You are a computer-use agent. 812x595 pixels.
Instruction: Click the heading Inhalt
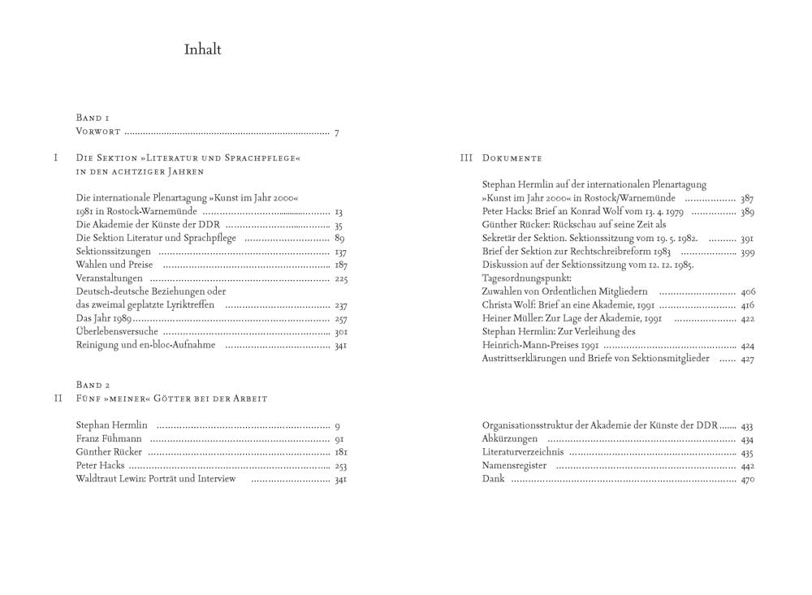[202, 50]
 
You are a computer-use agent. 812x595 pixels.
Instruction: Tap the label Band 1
[93, 119]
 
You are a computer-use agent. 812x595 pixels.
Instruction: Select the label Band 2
[93, 385]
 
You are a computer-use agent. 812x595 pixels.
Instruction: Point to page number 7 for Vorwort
[336, 132]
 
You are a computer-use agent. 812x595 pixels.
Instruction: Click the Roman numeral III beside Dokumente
[467, 157]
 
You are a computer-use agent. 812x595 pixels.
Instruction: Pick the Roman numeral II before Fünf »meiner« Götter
[58, 399]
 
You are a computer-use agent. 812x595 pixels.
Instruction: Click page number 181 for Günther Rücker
[341, 452]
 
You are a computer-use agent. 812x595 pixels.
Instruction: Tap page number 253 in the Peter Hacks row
[341, 466]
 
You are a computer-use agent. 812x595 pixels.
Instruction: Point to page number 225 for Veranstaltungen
[341, 279]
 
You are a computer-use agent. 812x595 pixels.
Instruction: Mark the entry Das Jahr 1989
[100, 319]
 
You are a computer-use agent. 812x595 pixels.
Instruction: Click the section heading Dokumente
[512, 157]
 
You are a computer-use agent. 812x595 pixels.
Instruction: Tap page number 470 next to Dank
[748, 480]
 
